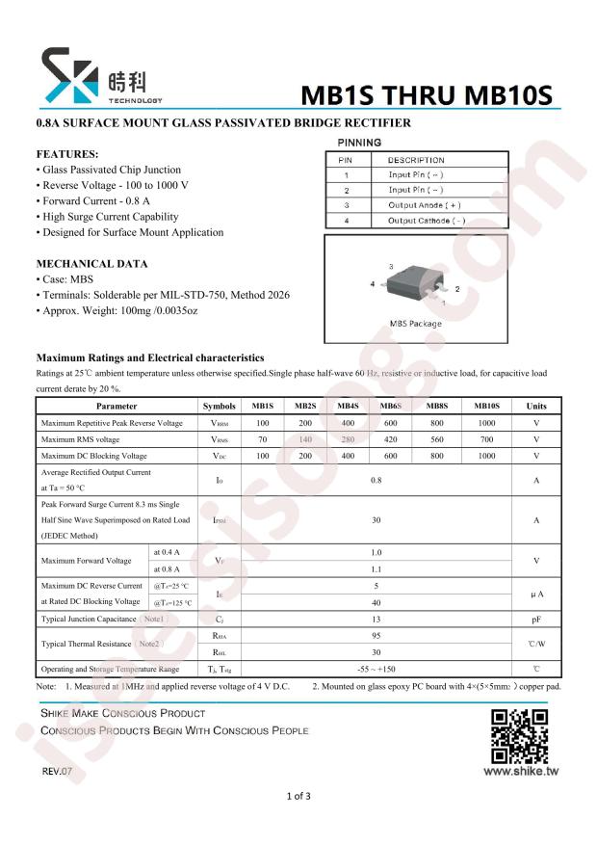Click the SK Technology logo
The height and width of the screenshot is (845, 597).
tap(100, 76)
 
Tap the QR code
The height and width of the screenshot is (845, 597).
tap(520, 736)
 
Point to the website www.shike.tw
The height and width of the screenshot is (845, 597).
tap(520, 771)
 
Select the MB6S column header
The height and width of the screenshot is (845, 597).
tap(390, 406)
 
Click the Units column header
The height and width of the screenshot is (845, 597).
tap(535, 406)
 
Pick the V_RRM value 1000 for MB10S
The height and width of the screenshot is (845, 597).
tap(486, 423)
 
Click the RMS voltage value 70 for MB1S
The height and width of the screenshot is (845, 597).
tap(262, 439)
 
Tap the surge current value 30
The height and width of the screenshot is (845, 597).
tap(376, 520)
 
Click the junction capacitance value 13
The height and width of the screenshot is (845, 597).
tap(376, 619)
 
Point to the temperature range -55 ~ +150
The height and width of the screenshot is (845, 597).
tap(376, 669)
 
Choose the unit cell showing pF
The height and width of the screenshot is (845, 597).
tap(535, 619)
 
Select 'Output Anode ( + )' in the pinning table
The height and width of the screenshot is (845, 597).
tap(424, 205)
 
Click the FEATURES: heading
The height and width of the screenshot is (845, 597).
tap(67, 154)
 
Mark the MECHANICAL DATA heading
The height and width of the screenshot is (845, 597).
tap(91, 263)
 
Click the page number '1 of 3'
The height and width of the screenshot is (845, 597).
tap(298, 796)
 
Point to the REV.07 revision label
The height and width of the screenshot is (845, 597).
tap(57, 772)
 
